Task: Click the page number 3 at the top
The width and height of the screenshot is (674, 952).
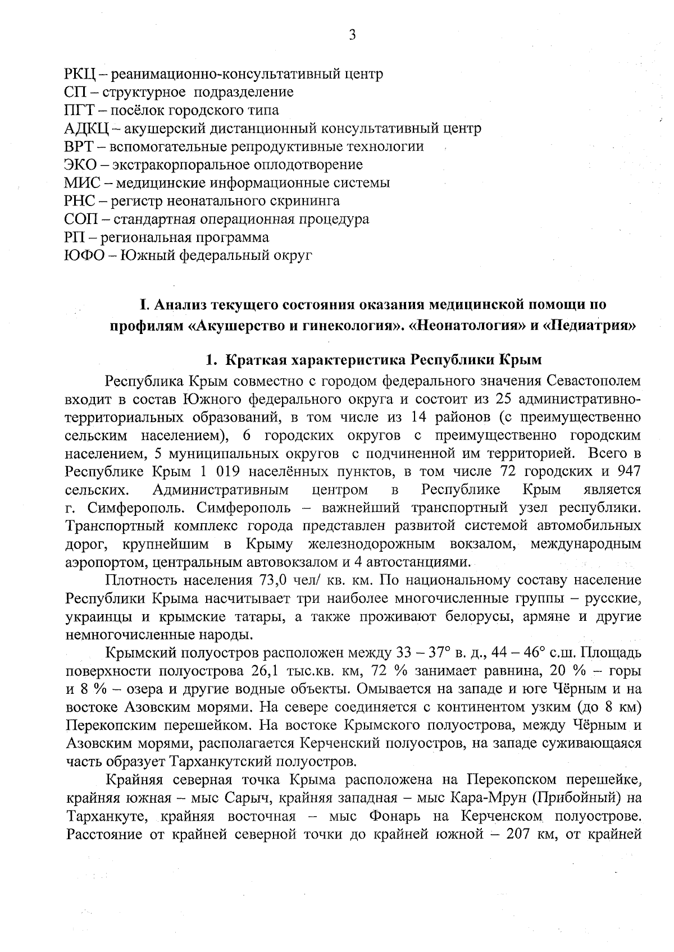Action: (x=352, y=35)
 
